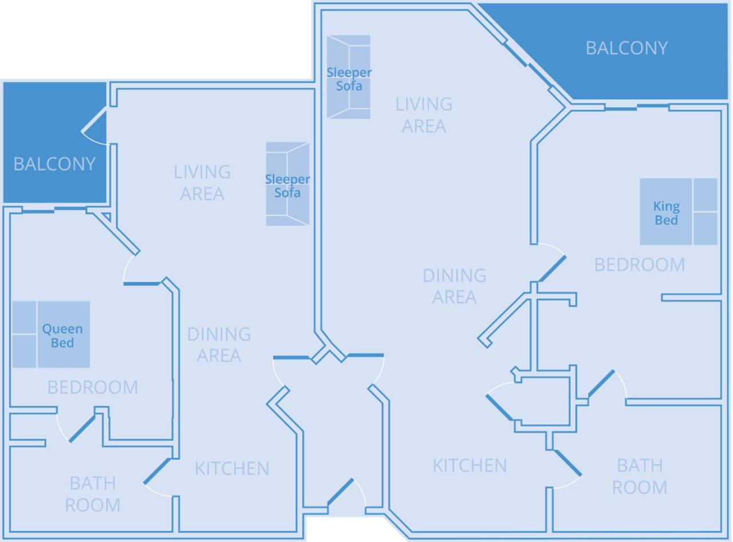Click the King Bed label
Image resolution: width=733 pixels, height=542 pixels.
666,213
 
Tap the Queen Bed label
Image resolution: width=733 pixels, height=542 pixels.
62,336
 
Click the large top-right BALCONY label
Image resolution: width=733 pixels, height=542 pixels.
626,48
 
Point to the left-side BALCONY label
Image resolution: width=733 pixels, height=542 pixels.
54,164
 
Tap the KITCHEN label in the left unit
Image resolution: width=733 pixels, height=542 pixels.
232,469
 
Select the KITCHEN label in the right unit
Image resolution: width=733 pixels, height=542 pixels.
470,466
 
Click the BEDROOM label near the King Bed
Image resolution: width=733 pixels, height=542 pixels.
639,264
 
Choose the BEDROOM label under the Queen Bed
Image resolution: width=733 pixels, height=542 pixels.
92,387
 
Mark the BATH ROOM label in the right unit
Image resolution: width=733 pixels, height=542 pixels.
639,476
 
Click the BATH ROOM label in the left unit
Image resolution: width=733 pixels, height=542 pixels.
92,494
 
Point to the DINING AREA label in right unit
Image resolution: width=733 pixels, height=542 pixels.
454,286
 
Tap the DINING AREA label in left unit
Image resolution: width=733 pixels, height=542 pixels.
219,345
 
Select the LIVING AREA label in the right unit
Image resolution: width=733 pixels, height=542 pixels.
424,114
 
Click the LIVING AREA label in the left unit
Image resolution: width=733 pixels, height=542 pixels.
202,183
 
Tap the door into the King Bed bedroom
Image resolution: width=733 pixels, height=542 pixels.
551,268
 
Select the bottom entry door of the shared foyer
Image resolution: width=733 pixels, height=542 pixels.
341,492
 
